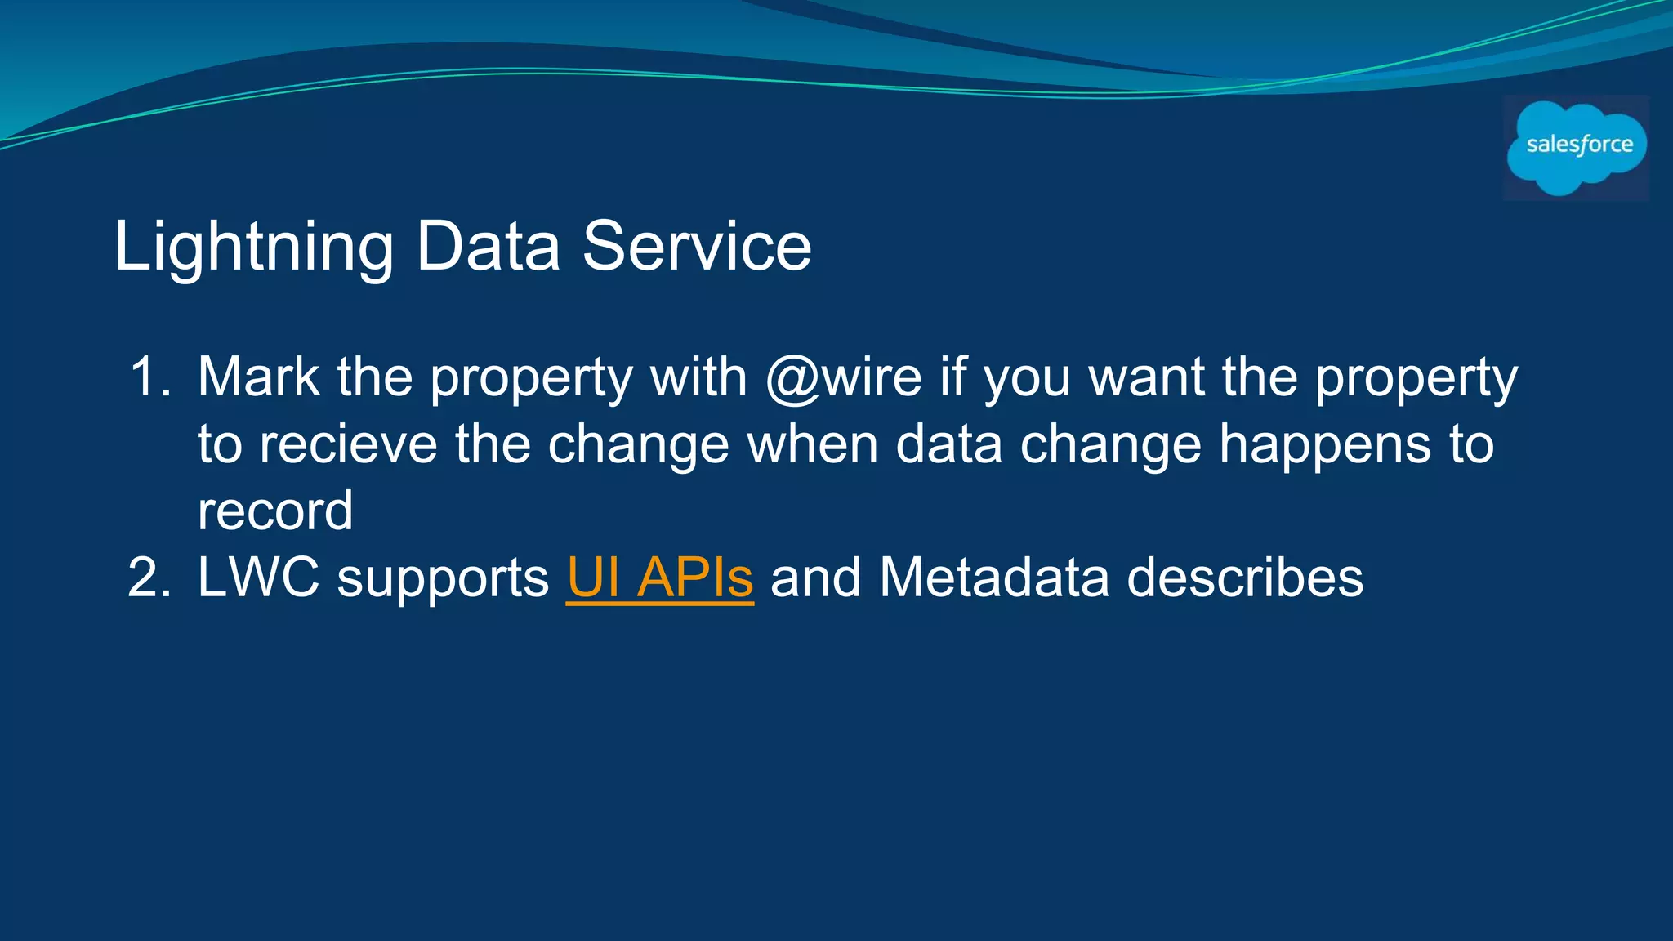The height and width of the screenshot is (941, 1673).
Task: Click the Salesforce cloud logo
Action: [x=1577, y=147]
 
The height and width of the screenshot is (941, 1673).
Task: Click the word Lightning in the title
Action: [x=253, y=247]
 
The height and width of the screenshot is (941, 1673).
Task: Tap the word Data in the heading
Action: [x=488, y=247]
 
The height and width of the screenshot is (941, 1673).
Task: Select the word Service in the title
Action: [x=697, y=247]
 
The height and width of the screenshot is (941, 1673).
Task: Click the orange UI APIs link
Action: [x=659, y=578]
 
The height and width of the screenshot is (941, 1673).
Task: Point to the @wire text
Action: [x=844, y=378]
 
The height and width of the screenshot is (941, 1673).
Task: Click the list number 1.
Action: [x=149, y=378]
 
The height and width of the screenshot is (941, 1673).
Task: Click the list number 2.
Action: [x=149, y=578]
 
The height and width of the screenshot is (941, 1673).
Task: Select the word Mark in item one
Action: [x=258, y=378]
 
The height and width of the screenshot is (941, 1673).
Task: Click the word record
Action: [x=275, y=512]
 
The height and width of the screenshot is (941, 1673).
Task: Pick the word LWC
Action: [x=258, y=578]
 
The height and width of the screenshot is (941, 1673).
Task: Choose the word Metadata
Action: [x=994, y=578]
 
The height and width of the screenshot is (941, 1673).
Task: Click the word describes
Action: [x=1245, y=578]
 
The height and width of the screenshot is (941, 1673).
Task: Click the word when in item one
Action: [x=812, y=445]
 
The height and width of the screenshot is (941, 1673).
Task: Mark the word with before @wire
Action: [x=698, y=378]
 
